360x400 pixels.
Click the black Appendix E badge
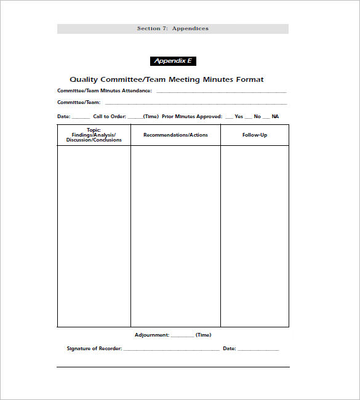click(173, 61)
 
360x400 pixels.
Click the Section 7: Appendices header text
click(173, 28)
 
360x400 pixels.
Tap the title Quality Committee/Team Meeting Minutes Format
click(166, 79)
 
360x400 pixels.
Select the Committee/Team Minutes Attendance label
click(105, 90)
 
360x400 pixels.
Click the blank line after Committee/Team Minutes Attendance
click(221, 92)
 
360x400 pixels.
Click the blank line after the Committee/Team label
click(196, 103)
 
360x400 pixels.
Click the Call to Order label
click(110, 116)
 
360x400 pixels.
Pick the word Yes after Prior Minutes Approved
click(239, 116)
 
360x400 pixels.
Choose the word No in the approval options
click(257, 116)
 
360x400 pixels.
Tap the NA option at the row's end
click(275, 116)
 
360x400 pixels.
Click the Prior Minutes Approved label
click(192, 116)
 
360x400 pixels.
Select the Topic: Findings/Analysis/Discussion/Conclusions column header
click(94, 135)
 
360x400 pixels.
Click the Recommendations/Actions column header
click(175, 135)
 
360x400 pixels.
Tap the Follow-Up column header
click(255, 135)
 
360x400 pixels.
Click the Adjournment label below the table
click(151, 335)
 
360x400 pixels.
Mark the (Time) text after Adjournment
click(203, 335)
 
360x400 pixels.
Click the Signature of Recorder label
click(94, 348)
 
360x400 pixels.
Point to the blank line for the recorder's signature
click(172, 350)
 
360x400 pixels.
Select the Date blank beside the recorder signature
click(258, 350)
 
